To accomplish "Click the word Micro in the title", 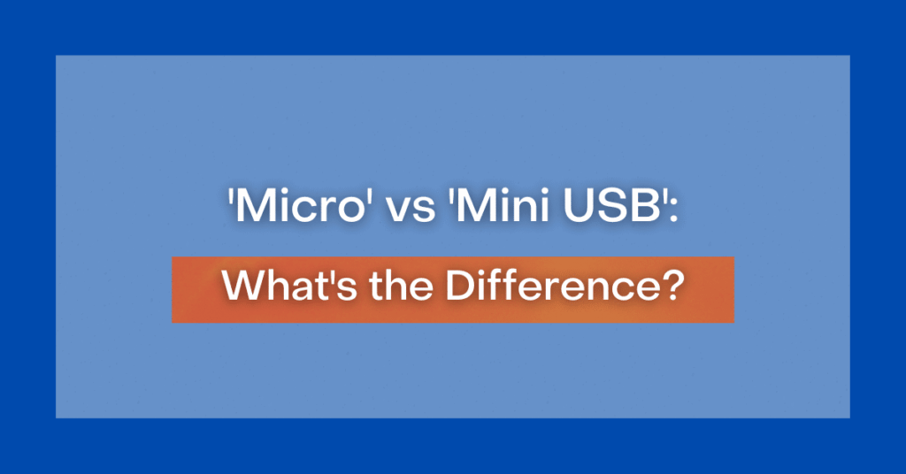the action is [299, 206].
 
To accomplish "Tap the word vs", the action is [411, 210].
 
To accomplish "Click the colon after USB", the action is [673, 211].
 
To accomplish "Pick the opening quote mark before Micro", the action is [231, 196].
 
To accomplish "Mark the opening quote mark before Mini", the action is [452, 196].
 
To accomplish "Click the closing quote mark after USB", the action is [665, 196].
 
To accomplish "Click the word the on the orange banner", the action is [401, 286].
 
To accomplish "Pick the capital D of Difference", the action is [461, 286].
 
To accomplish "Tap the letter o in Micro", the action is [350, 211].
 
